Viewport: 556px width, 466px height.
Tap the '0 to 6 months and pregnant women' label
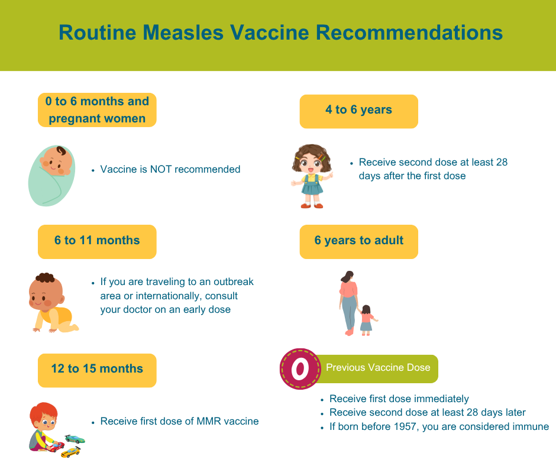pos(97,110)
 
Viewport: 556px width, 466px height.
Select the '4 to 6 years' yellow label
pos(359,111)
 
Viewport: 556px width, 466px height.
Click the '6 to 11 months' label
pos(97,241)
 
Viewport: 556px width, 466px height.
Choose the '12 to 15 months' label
pos(97,370)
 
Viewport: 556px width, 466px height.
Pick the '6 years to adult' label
pos(359,241)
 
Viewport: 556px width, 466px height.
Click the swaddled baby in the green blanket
pos(52,176)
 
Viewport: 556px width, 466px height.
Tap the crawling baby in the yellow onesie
pos(53,303)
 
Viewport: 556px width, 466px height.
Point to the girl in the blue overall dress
pos(312,176)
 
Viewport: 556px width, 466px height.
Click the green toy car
pos(75,439)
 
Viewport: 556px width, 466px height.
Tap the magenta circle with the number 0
pos(300,369)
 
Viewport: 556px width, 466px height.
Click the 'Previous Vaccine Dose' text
pos(378,367)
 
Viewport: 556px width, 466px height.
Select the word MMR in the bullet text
pos(208,421)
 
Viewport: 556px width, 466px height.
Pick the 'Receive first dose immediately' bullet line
pos(399,399)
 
